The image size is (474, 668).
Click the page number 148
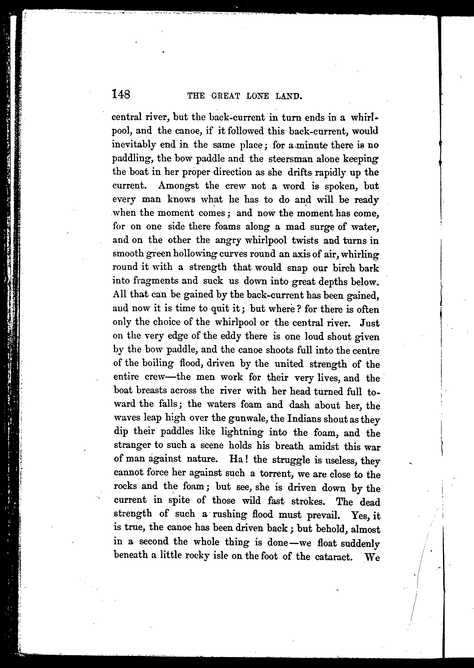(x=121, y=94)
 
